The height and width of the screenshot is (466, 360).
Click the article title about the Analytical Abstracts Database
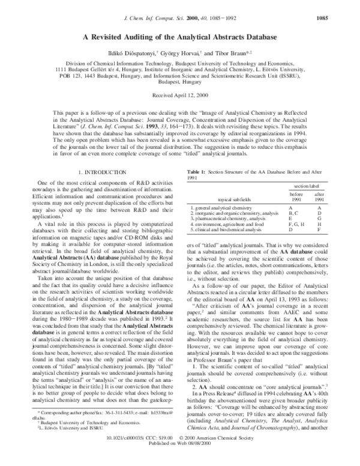click(x=179, y=37)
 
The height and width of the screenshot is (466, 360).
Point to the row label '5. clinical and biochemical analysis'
click(x=226, y=229)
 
